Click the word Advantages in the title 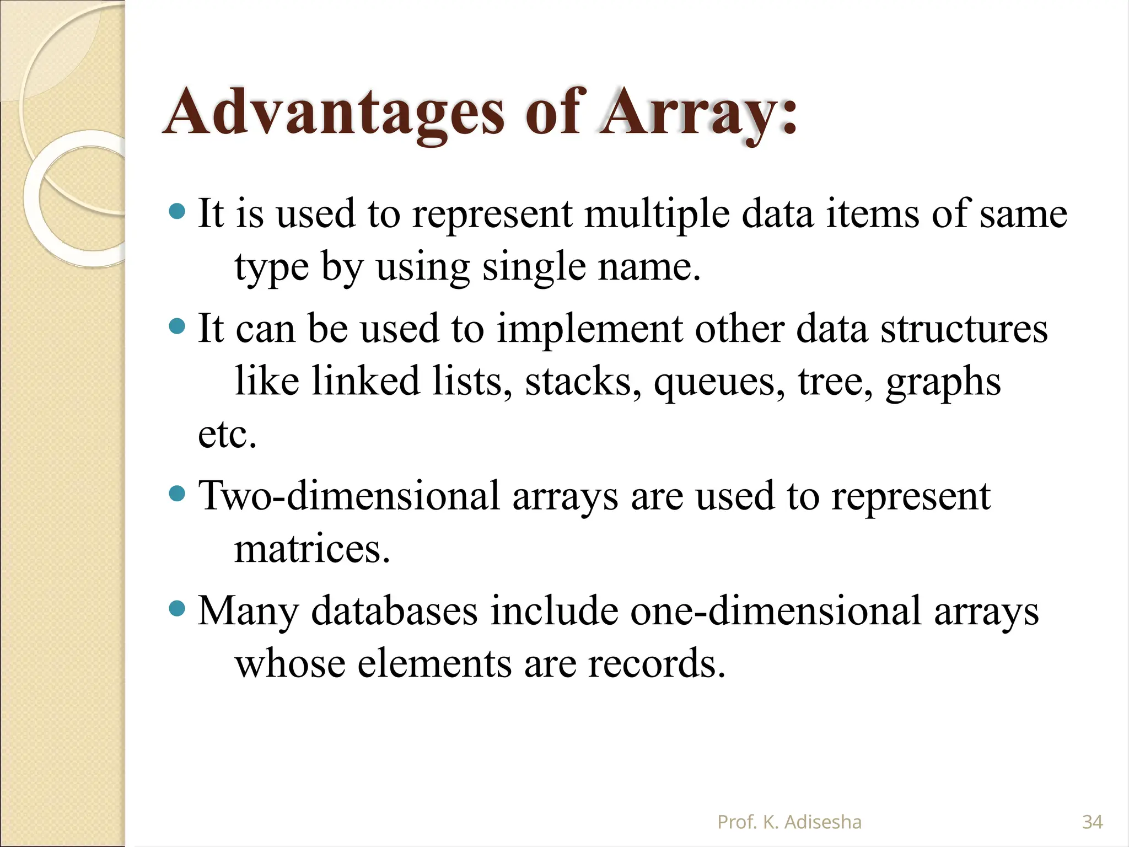click(334, 113)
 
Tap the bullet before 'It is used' click(176, 212)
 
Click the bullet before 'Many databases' click(176, 609)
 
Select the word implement click(590, 329)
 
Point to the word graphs click(943, 382)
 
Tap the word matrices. click(312, 549)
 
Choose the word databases click(395, 611)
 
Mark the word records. click(656, 663)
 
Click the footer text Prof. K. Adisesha click(789, 822)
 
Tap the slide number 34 click(1092, 822)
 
